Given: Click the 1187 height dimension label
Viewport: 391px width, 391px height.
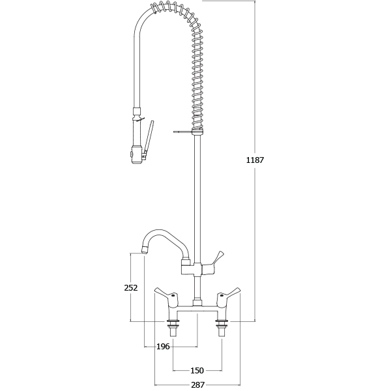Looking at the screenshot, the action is pos(255,160).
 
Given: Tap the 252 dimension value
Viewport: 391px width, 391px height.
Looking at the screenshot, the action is pos(131,288).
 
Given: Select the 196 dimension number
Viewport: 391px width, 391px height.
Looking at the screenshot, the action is pos(163,347).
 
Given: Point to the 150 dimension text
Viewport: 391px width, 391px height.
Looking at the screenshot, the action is pos(197,371).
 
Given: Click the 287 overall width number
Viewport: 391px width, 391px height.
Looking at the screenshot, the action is pos(197,384).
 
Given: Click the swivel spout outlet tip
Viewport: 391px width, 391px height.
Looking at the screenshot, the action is pos(144,250).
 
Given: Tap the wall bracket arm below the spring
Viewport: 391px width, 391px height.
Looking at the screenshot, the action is pos(183,132).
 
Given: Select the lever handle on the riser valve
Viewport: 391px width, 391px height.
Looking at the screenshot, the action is pos(212,265).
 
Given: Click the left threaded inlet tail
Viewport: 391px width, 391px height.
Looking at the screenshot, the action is pos(173,328).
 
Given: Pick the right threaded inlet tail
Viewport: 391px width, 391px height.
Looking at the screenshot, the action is pos(222,328).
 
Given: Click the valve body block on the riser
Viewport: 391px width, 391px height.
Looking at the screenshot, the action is pos(192,269).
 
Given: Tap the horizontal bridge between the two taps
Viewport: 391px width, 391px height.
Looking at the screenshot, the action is pos(197,309).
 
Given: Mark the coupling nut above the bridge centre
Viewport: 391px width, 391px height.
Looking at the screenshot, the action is pos(197,303).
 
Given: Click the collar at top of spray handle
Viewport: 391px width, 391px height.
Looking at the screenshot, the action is pos(137,111).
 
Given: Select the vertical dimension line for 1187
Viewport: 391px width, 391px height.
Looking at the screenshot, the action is pos(255,161).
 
